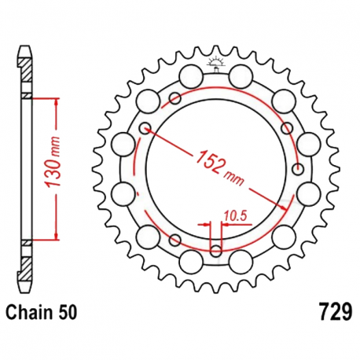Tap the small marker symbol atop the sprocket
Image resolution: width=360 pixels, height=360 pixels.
click(x=214, y=64)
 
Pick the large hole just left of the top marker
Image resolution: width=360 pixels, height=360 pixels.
click(x=189, y=76)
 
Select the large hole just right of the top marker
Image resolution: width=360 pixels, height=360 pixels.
click(x=239, y=76)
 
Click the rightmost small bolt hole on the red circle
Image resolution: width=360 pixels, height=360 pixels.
click(x=297, y=168)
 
